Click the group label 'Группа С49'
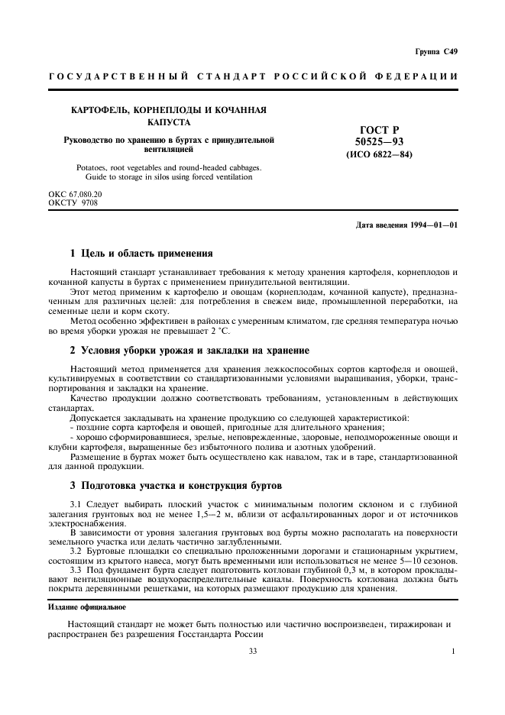436,52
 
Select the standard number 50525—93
379,142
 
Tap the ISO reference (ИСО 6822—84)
379,154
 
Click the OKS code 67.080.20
86,194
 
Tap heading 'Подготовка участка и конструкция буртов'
181,485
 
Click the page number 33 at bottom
252,652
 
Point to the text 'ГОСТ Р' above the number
380,131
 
